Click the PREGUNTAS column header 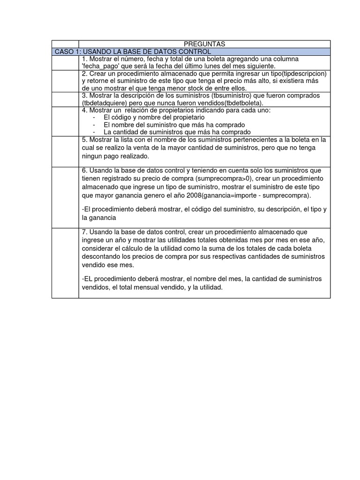[204, 44]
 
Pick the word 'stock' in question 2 [181, 88]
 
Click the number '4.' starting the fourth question [84, 110]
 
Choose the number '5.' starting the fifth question [84, 140]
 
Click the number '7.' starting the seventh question [84, 232]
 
